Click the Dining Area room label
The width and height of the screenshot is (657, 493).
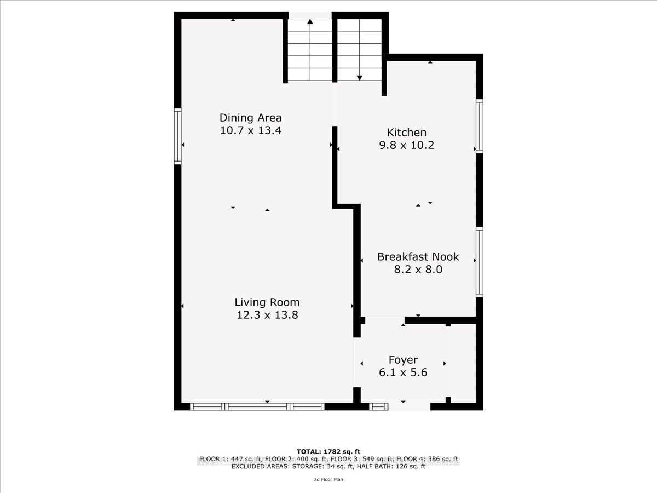point(250,117)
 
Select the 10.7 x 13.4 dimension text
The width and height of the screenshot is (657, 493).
point(250,130)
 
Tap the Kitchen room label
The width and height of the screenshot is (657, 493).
point(406,132)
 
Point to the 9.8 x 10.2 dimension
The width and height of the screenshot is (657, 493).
point(406,145)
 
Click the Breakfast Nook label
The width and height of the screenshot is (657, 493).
point(418,256)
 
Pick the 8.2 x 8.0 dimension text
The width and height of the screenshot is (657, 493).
point(418,270)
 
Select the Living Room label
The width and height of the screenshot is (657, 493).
point(267,302)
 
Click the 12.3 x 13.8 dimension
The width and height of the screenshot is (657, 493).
point(267,315)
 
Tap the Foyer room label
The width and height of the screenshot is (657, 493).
point(403,360)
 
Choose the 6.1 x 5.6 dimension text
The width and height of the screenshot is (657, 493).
point(403,373)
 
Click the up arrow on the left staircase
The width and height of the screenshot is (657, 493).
point(310,23)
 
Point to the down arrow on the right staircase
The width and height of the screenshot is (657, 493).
point(360,77)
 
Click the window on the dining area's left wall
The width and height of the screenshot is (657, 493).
point(177,136)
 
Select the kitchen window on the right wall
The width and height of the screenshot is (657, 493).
point(479,126)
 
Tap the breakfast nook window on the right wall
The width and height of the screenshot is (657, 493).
point(479,262)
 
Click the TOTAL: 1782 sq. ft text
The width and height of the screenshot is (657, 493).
point(328,451)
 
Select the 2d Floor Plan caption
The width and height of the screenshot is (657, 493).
point(328,479)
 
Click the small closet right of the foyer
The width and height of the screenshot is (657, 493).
point(463,362)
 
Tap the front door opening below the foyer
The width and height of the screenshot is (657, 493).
point(408,406)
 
